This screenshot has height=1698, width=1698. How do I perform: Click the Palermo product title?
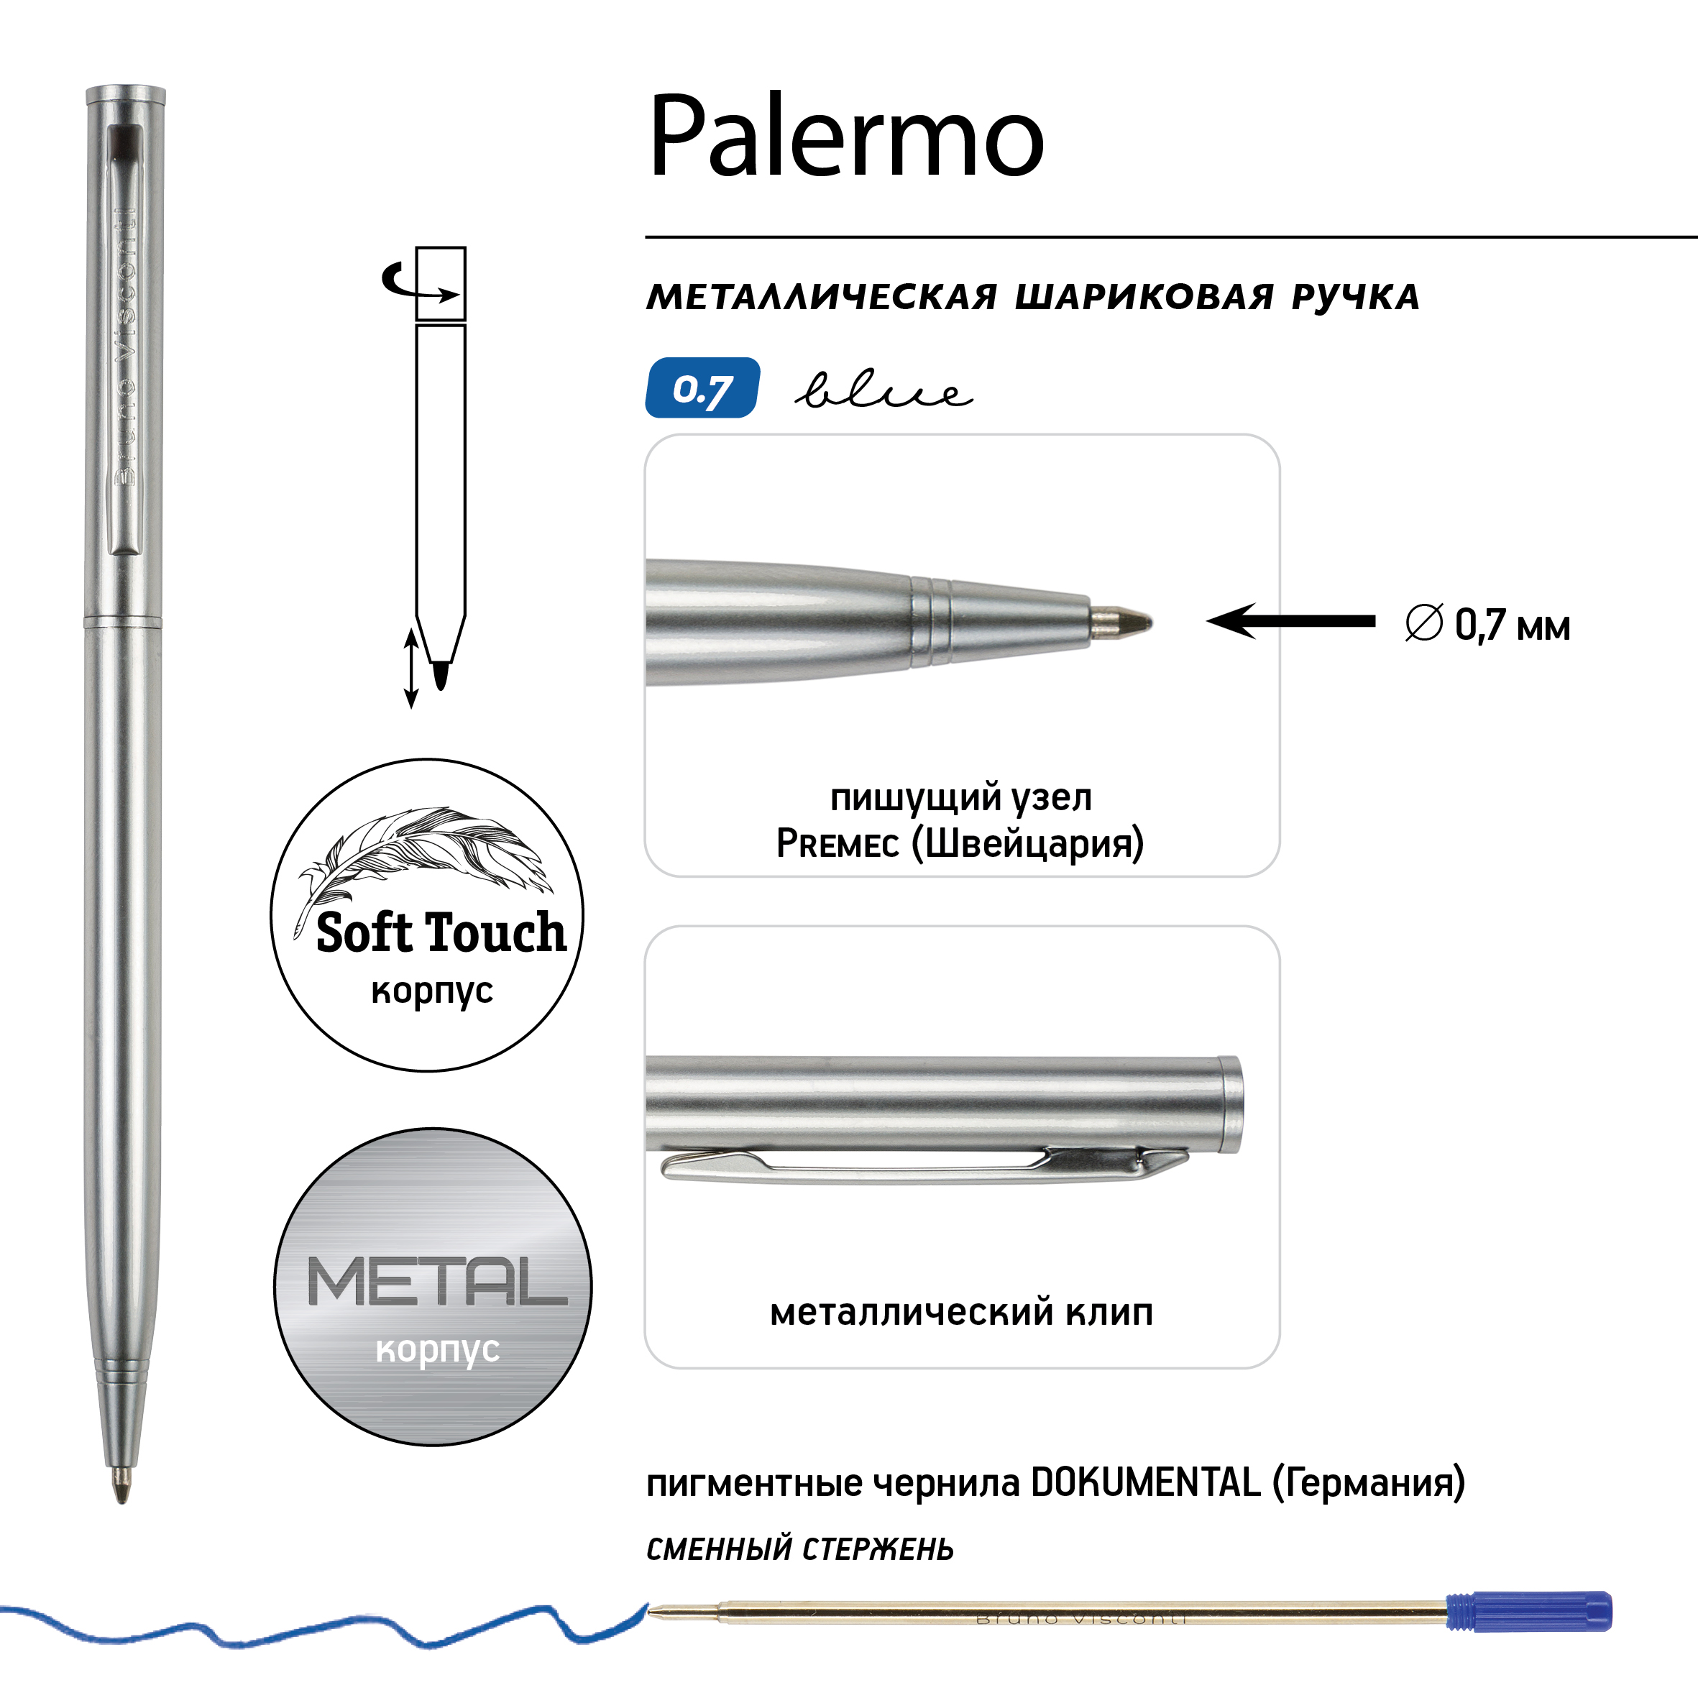coord(846,136)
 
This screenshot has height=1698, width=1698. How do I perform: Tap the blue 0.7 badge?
coord(702,387)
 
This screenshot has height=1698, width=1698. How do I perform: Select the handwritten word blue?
coord(884,390)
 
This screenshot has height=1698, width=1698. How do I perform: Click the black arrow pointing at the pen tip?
coord(1291,621)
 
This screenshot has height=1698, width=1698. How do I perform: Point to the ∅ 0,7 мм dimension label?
coord(1487,625)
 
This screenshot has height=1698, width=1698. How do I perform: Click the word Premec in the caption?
coord(837,844)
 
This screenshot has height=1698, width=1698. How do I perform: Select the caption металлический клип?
coord(961,1312)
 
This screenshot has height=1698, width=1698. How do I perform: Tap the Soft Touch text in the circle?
coord(441,932)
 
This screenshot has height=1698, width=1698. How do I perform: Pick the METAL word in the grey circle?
coord(437,1282)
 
